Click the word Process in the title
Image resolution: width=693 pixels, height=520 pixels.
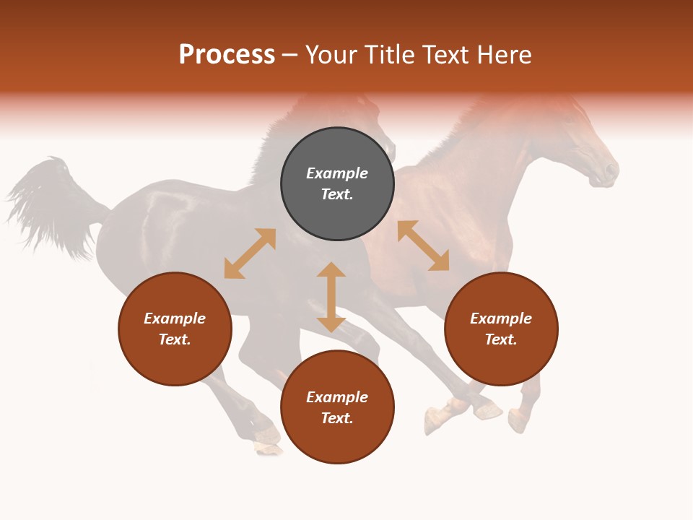[227, 55]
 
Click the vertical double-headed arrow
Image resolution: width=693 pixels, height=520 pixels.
[331, 297]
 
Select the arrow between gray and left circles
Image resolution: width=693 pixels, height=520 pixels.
[250, 253]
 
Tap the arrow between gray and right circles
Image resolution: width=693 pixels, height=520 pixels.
[423, 246]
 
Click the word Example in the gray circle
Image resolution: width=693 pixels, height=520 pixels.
[337, 173]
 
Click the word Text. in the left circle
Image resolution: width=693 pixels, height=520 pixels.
[175, 339]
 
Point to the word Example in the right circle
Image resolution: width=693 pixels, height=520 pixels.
[501, 318]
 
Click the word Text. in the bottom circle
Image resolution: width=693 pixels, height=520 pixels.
[337, 418]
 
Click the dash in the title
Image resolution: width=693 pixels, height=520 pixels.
[289, 56]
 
